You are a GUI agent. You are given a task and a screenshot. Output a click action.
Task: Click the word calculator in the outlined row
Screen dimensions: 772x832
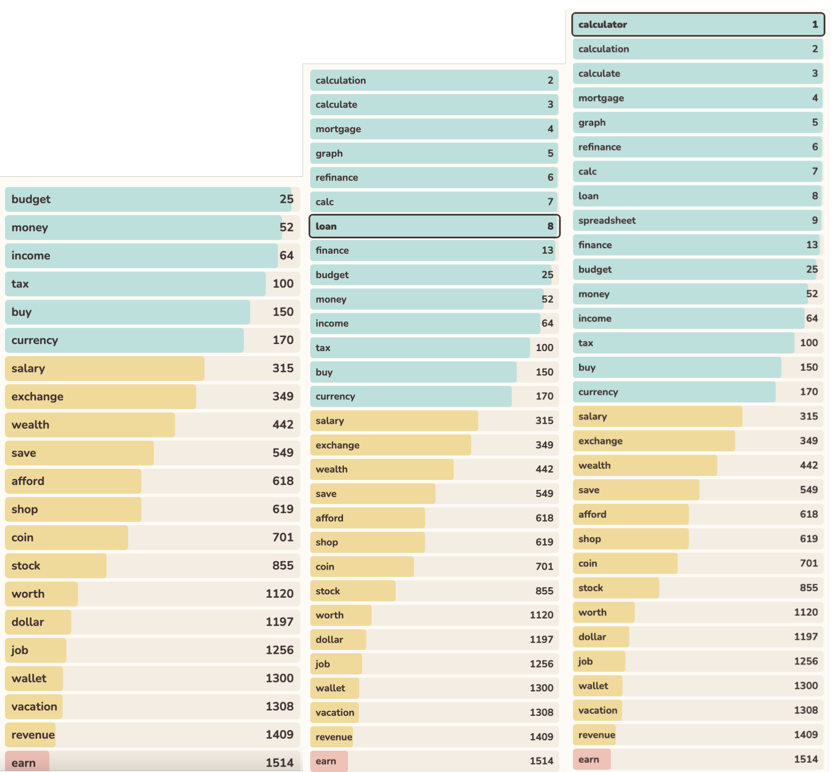coord(603,25)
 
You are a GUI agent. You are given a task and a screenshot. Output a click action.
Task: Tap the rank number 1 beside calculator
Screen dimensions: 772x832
coord(815,25)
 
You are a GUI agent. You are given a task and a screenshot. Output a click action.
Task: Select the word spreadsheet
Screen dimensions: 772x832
coord(607,220)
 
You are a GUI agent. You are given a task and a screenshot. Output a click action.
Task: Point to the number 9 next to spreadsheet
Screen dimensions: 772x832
coord(815,220)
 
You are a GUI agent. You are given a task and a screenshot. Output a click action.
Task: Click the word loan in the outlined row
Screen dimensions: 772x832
coord(326,226)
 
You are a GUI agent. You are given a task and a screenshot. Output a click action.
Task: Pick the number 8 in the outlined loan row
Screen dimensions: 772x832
coord(550,226)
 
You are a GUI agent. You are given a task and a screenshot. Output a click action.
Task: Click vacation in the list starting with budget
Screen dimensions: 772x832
coord(34,706)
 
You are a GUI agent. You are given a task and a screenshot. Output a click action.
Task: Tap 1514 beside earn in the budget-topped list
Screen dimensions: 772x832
coord(279,763)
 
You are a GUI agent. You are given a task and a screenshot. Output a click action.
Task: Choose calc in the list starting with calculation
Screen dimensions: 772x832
coord(325,202)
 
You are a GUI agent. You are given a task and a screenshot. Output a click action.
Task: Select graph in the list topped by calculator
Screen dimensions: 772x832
coord(591,123)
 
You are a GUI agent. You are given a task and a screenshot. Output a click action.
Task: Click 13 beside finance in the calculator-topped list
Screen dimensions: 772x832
coord(812,245)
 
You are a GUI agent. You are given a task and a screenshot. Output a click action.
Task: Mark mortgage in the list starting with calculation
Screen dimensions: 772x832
coord(338,129)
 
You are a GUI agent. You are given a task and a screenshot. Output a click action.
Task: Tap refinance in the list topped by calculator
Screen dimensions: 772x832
coord(599,147)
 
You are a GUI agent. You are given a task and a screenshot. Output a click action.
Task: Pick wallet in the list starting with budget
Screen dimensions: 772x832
coord(29,678)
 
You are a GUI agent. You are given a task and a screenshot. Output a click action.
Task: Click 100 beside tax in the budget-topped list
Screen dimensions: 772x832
coord(283,284)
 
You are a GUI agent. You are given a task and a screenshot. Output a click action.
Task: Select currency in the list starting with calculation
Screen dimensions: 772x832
coord(335,396)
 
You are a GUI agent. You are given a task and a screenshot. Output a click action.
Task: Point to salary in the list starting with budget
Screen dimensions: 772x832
coord(28,369)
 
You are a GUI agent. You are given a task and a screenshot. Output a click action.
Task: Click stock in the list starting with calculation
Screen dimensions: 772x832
coord(328,591)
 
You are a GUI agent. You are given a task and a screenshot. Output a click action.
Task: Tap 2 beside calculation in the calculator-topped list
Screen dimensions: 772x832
coord(815,49)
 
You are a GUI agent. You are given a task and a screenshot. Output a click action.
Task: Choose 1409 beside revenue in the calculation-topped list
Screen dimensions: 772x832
coord(541,737)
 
